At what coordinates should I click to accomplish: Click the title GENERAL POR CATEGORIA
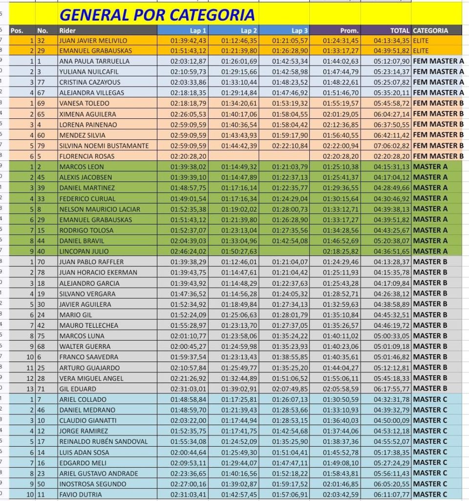pyautogui.click(x=157, y=15)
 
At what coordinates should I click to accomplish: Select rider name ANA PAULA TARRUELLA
pyautogui.click(x=94, y=62)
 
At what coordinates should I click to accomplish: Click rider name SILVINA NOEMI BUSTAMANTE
pyautogui.click(x=104, y=146)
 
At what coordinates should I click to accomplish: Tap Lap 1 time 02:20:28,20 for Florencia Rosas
pyautogui.click(x=188, y=156)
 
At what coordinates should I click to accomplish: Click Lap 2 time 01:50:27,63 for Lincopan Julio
pyautogui.click(x=239, y=251)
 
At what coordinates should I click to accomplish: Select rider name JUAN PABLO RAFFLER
pyautogui.click(x=91, y=262)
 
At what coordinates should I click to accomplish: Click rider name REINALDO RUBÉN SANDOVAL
pyautogui.click(x=103, y=441)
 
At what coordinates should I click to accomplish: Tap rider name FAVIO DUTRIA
pyautogui.click(x=81, y=495)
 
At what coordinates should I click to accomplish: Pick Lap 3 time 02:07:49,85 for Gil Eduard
pyautogui.click(x=290, y=388)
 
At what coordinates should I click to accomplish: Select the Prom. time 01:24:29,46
pyautogui.click(x=341, y=262)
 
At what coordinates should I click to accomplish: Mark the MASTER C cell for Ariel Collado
pyautogui.click(x=430, y=399)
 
